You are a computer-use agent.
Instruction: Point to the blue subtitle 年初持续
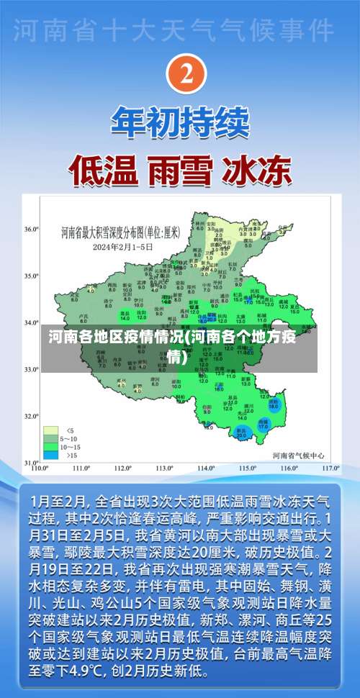[180, 123]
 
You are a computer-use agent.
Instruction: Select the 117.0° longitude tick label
[330, 468]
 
